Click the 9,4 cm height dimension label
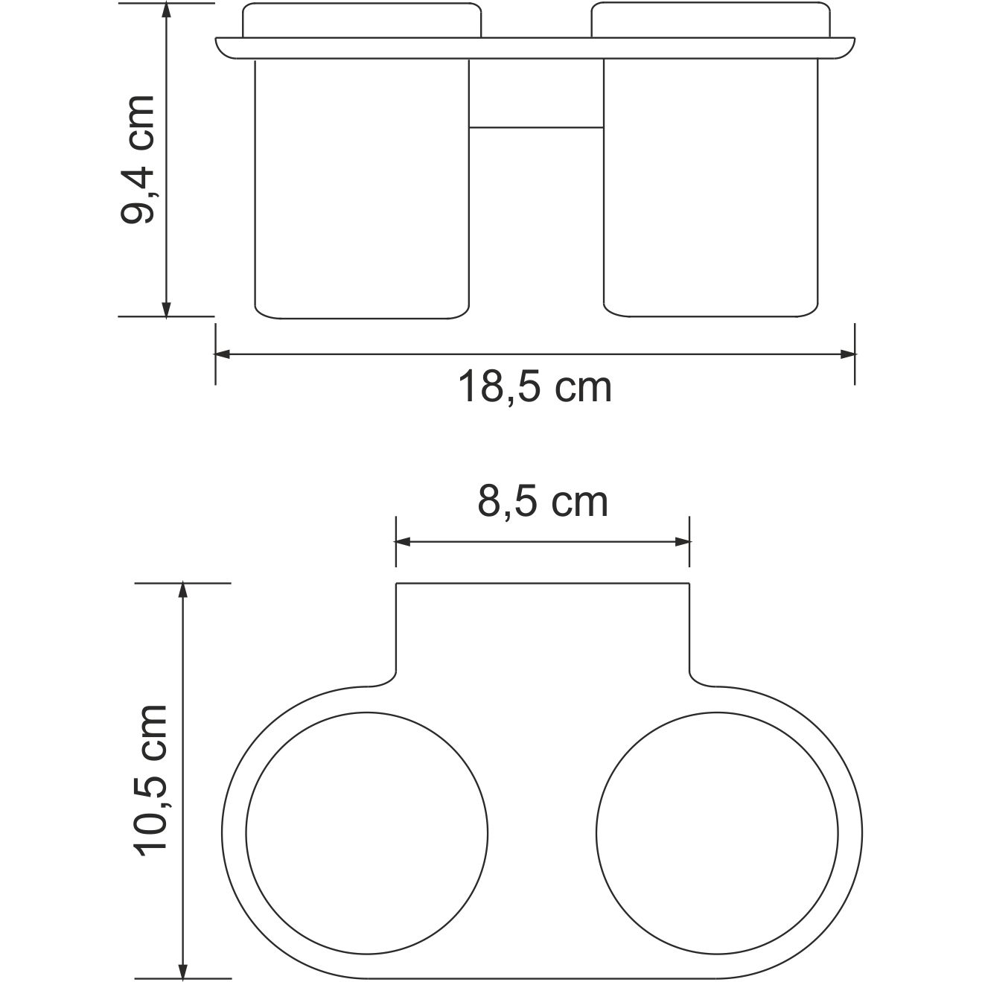(138, 159)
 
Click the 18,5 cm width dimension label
(535, 388)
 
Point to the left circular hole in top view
(367, 833)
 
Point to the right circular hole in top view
(717, 833)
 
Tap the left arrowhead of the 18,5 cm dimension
(222, 354)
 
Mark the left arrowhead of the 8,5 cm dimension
(403, 542)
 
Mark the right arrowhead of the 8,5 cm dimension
(683, 542)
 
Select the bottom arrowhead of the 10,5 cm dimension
(182, 970)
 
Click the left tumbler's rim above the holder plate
(362, 21)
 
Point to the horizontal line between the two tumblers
(536, 127)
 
